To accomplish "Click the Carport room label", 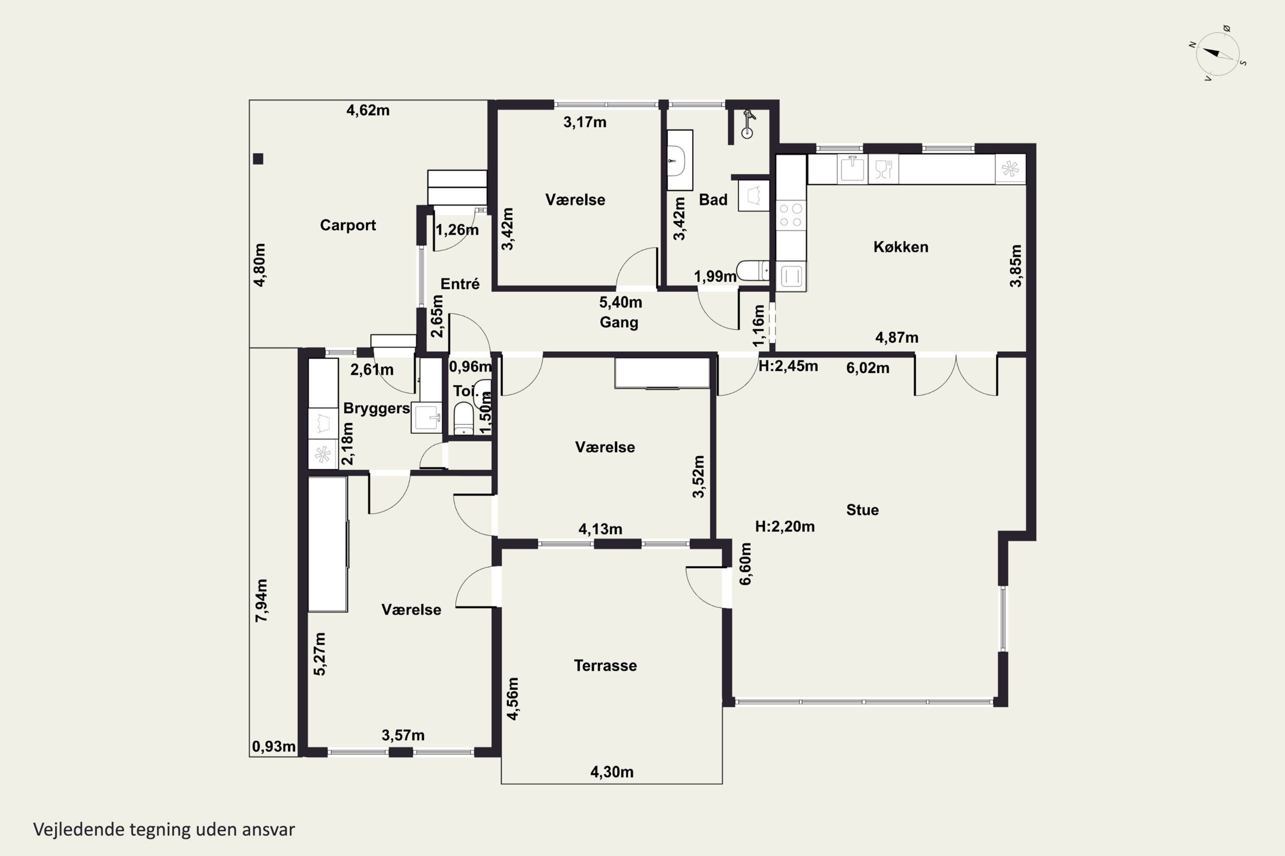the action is tap(348, 226).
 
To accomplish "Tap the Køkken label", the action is tap(901, 247).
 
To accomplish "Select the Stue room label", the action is tap(863, 510).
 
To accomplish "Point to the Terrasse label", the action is tap(605, 666).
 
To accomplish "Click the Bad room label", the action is tap(713, 200).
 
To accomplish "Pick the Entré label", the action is tap(460, 284).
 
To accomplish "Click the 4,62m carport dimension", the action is tap(368, 110).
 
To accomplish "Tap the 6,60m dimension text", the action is tap(745, 564).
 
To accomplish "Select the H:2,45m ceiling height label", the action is tap(788, 366).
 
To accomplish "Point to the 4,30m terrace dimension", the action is tap(612, 772).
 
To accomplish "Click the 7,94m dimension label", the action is tap(262, 600).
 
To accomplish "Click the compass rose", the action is tap(1217, 53).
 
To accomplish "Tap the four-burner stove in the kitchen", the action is tap(791, 215).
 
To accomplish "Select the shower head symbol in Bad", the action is tap(747, 124).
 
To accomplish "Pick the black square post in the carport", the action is tap(258, 159).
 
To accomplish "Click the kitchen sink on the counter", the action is tap(852, 169).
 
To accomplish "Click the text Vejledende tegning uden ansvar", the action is tap(164, 830).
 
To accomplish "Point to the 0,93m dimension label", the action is tap(274, 746).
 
